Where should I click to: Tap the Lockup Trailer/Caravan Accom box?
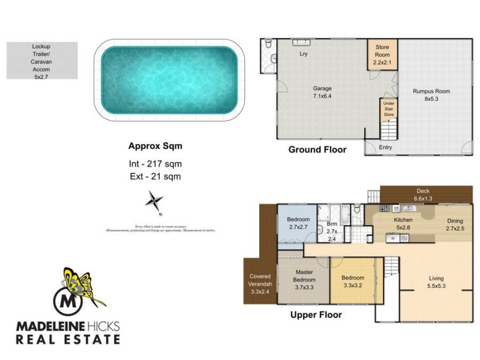(42, 61)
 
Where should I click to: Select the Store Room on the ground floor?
(382, 55)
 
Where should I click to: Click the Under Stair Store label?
(389, 109)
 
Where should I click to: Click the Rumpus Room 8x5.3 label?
(431, 95)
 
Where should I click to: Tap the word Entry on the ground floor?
(385, 147)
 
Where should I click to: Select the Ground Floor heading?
(317, 149)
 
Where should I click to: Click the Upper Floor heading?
(316, 314)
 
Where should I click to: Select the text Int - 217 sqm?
(155, 164)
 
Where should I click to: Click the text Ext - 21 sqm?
(155, 176)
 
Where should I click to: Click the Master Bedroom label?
(303, 283)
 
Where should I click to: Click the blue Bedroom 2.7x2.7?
(298, 224)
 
